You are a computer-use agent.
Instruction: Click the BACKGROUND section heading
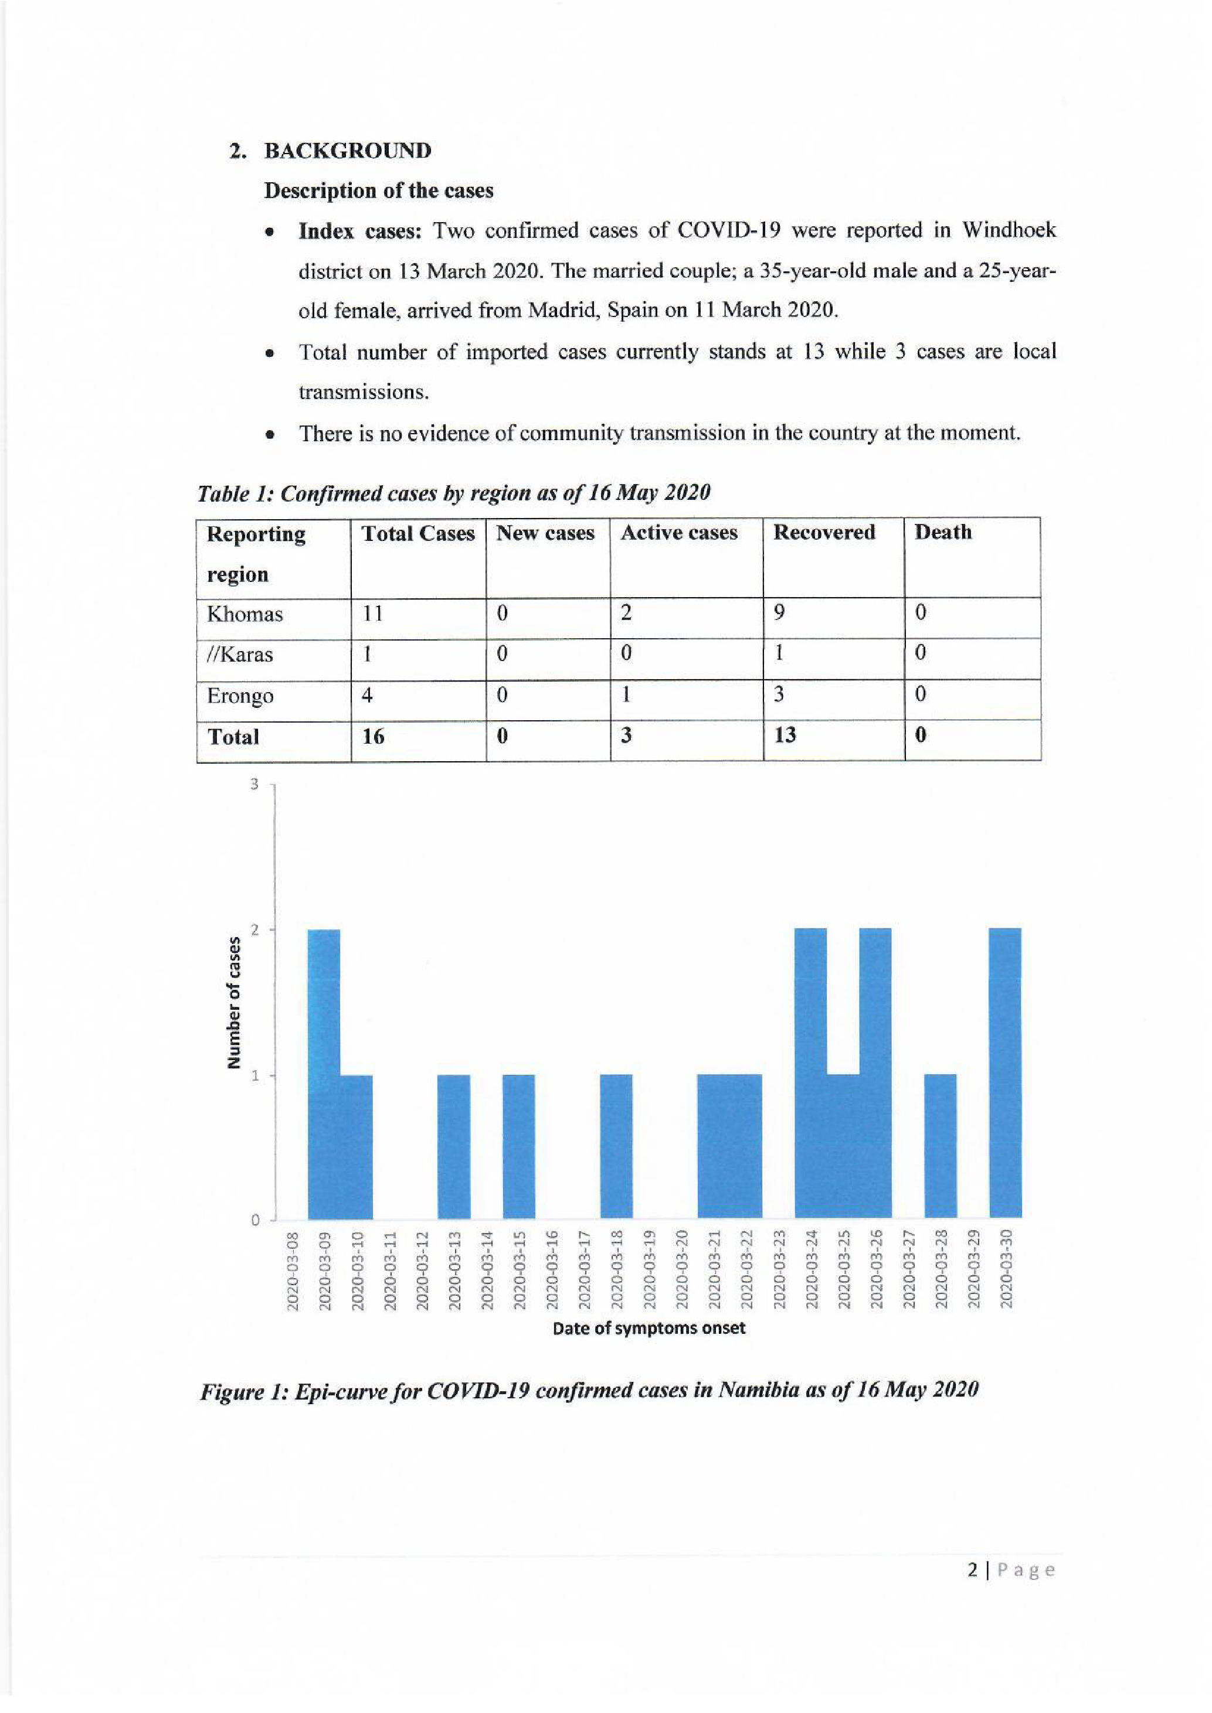tap(347, 151)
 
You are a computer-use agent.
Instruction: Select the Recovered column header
tap(824, 532)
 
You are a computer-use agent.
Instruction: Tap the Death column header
tap(943, 532)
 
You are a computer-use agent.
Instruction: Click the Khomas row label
tap(245, 614)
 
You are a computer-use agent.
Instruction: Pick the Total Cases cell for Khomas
tap(372, 613)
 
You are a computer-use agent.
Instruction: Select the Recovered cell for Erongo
tap(779, 694)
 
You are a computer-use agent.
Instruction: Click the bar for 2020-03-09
tap(324, 1074)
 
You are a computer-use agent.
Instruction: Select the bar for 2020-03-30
tap(1004, 1074)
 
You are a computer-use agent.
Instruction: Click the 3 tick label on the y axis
tap(254, 784)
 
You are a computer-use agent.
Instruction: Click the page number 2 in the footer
tap(972, 1571)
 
